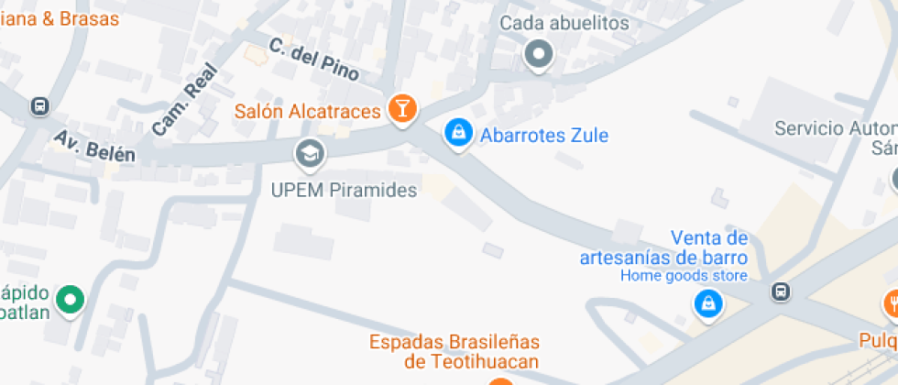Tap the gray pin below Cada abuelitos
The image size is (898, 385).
point(539,54)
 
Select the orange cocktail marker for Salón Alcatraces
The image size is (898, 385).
point(401,108)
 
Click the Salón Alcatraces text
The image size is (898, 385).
point(307,112)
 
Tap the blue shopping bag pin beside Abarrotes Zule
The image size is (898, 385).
point(457,133)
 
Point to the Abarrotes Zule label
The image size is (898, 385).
point(544,136)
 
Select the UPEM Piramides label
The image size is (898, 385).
point(344,191)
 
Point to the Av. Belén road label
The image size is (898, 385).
point(94,146)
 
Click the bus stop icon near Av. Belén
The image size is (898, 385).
point(39,106)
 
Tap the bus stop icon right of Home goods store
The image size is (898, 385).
point(780,292)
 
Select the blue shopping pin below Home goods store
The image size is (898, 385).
point(707,304)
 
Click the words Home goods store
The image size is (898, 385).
point(684,275)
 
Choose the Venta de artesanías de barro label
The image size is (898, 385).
point(664,247)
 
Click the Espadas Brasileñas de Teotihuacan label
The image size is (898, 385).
point(454,351)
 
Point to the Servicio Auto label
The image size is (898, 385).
point(835,128)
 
